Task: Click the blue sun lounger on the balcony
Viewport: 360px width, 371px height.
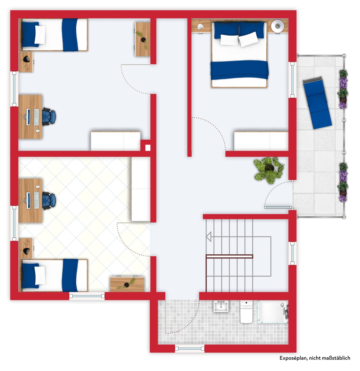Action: point(317,103)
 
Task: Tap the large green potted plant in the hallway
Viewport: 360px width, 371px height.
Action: point(269,170)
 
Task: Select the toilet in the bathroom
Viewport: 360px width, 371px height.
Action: point(246,312)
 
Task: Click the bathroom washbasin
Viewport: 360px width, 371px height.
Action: point(221,306)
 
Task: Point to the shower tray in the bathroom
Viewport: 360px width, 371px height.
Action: point(273,312)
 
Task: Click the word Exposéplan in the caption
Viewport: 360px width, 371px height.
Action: point(294,358)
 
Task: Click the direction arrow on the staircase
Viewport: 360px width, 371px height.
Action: point(209,237)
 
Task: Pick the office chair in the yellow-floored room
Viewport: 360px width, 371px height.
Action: point(49,201)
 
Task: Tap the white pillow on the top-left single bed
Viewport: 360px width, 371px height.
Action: point(40,35)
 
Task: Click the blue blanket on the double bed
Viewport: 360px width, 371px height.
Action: point(239,70)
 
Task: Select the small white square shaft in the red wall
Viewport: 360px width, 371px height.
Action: point(148,148)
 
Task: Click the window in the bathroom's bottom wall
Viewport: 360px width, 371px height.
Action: point(189,349)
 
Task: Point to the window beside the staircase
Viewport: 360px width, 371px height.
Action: point(292,253)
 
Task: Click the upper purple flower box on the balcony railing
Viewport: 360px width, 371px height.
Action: point(343,89)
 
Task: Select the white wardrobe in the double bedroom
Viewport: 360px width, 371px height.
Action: point(261,141)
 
